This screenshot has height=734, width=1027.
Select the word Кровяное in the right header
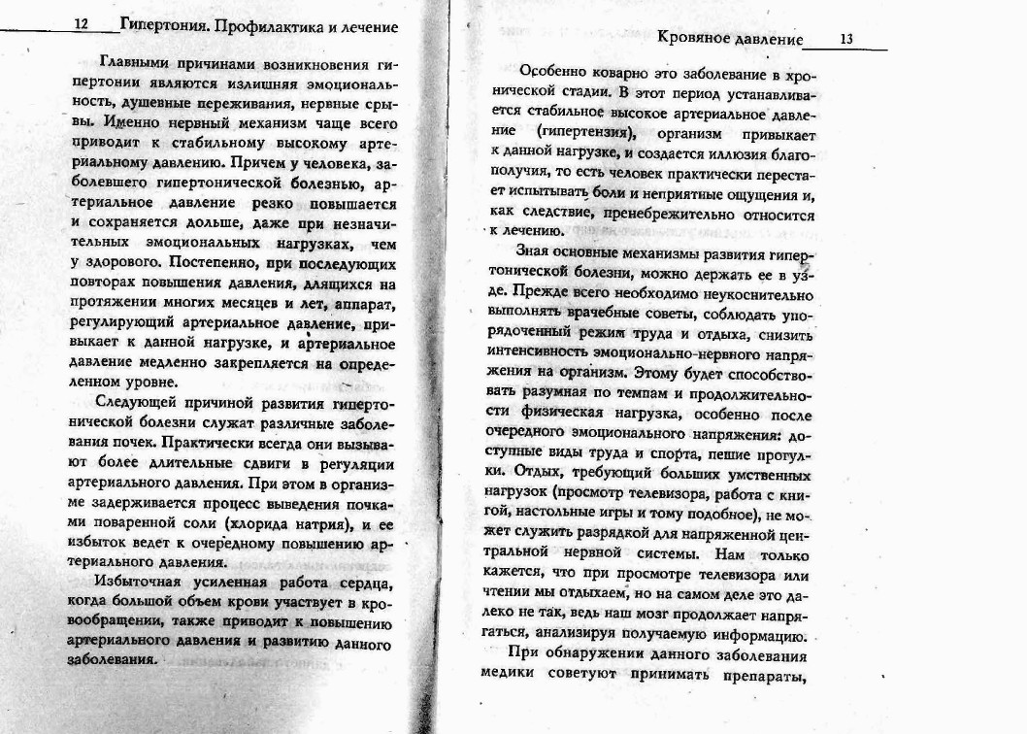(x=691, y=40)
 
